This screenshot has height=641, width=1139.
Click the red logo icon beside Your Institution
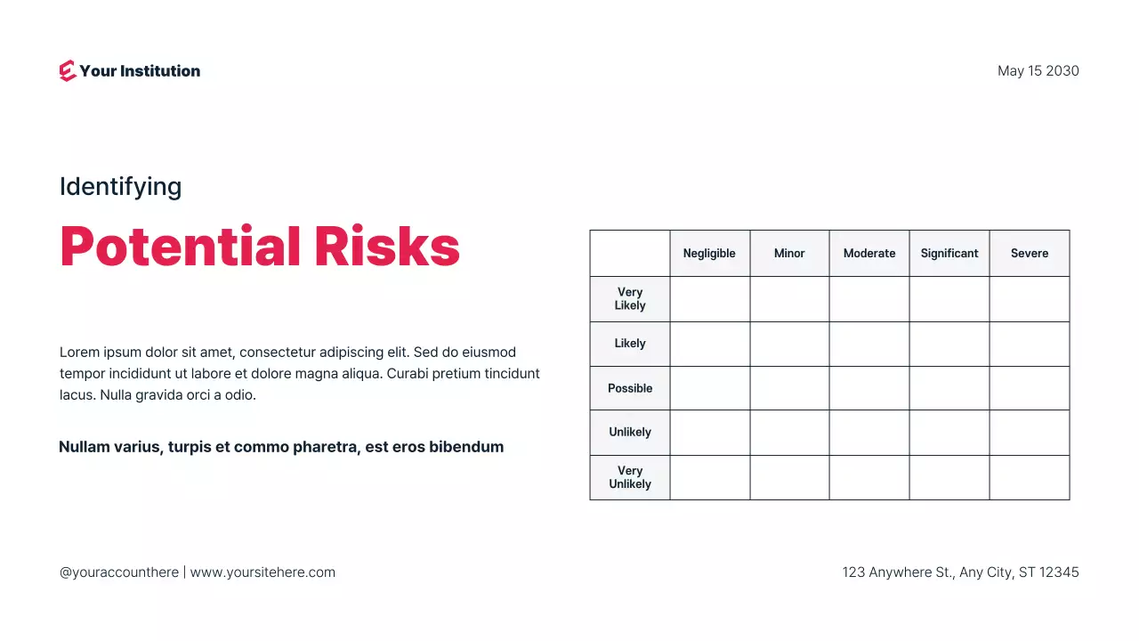pos(68,71)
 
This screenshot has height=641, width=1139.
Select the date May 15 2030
pos(1038,71)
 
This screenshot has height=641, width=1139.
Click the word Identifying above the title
pos(120,187)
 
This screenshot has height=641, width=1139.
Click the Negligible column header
pos(709,254)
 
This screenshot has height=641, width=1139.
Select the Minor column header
pos(789,254)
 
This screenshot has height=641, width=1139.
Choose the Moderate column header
pos(869,254)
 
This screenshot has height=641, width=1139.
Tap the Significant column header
pos(949,254)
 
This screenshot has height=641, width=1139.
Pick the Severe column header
pos(1030,254)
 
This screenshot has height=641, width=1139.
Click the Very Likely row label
pos(630,299)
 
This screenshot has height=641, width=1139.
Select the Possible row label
pos(630,388)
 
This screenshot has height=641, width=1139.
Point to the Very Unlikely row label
pos(630,477)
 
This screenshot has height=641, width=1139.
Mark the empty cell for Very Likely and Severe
pos(1030,299)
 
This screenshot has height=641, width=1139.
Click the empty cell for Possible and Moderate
pos(869,388)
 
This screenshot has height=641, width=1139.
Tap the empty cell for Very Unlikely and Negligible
pos(709,477)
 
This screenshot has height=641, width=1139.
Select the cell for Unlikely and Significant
pos(949,433)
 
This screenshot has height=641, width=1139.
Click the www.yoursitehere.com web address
pos(263,572)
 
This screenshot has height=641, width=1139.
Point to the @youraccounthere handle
pos(119,572)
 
